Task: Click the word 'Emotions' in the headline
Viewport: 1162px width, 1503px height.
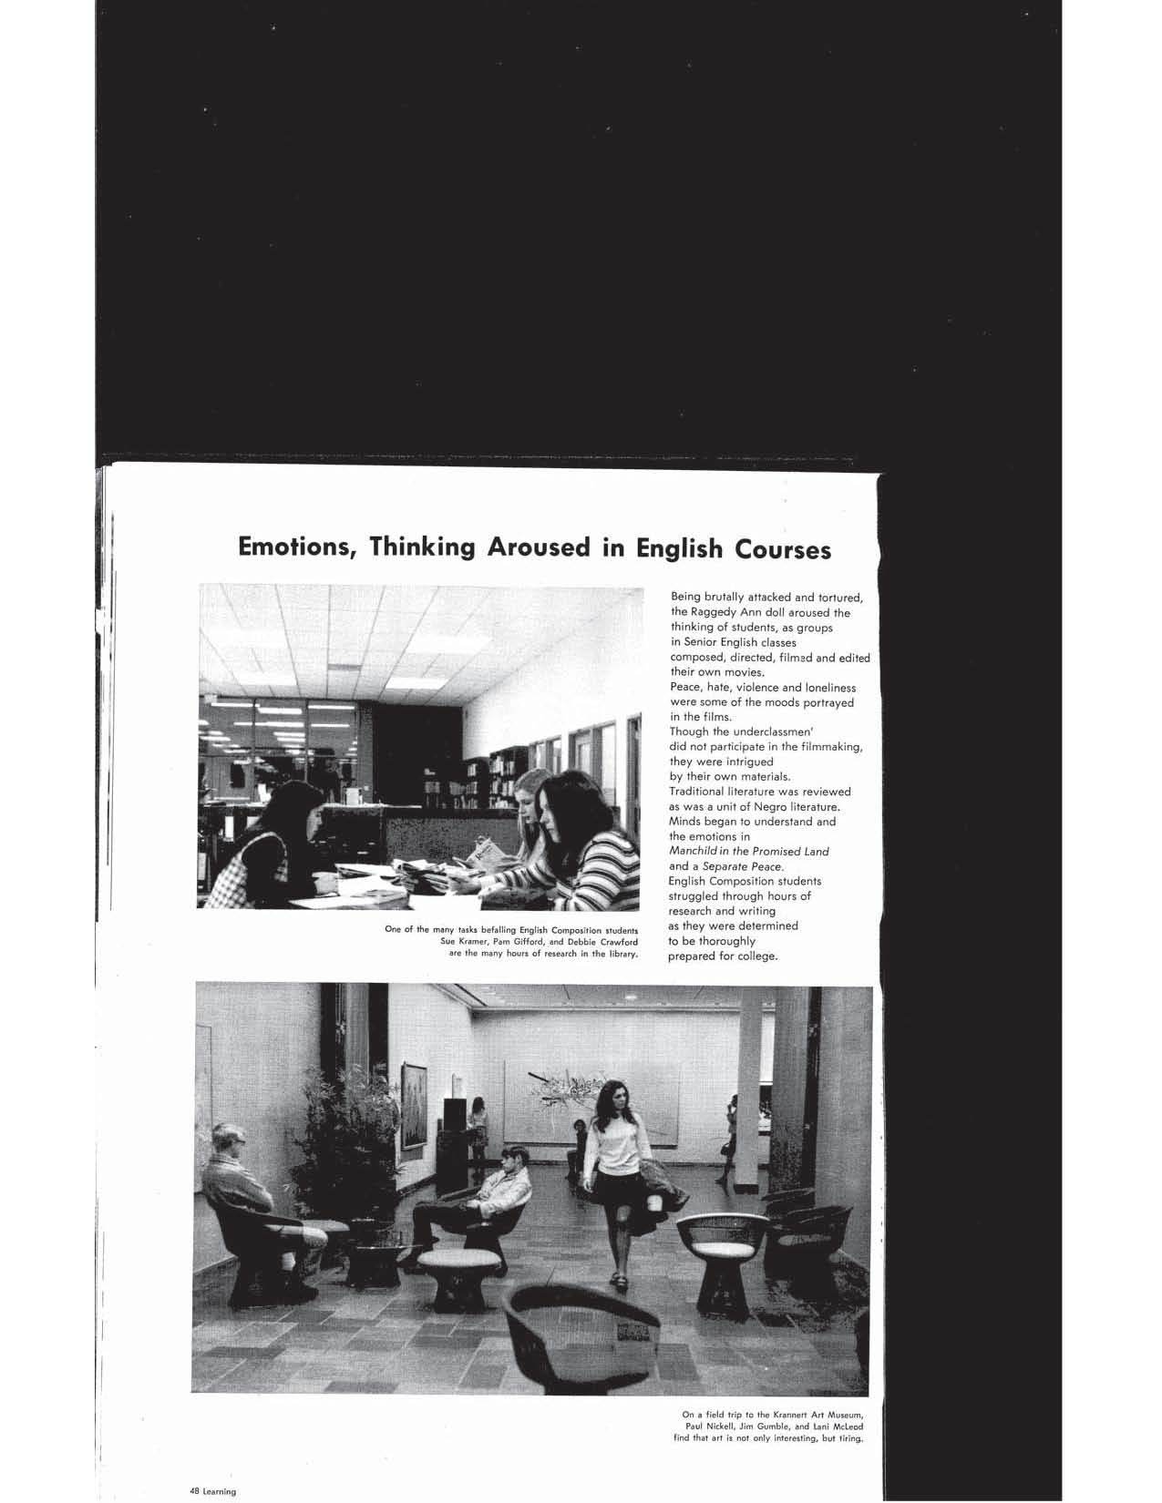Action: [290, 549]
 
